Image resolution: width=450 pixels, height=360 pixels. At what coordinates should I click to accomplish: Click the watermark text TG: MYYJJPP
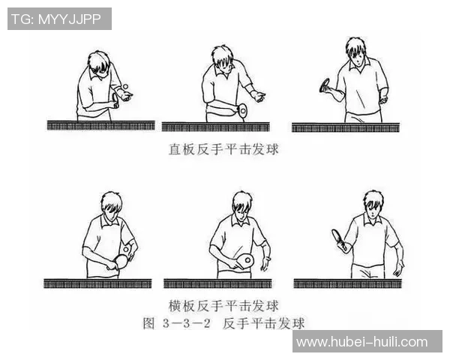coord(59,19)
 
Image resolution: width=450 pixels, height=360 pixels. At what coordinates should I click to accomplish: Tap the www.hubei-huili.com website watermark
coord(361,342)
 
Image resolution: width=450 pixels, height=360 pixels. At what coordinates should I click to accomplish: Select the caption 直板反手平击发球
coord(223,149)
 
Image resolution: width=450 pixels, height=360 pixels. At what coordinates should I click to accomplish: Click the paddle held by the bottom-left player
coord(120,261)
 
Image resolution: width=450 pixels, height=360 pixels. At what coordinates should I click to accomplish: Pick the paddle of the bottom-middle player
coord(244,259)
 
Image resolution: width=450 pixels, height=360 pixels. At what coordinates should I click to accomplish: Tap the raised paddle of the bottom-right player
coord(340,238)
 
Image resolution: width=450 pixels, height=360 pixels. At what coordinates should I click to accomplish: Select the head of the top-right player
coord(355,50)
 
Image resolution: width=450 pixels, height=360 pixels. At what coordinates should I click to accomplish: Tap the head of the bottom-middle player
coord(241,204)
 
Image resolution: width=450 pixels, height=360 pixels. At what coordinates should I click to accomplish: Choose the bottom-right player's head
coord(373,202)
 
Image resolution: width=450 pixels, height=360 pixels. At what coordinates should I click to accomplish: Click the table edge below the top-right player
coord(346,127)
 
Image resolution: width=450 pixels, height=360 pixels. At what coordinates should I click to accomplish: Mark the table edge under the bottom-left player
coord(97,283)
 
